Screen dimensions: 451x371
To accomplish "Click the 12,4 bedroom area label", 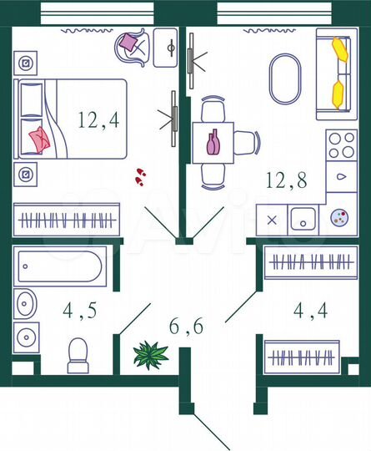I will click(98, 119).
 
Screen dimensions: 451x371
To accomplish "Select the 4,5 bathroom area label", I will click(80, 312).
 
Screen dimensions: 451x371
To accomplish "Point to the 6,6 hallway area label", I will click(186, 327).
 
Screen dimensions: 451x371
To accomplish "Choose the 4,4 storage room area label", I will click(309, 312).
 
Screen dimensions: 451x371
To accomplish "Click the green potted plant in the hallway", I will click(150, 354).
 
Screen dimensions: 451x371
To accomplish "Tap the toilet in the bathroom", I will click(78, 355).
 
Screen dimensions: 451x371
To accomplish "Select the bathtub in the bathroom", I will click(59, 267).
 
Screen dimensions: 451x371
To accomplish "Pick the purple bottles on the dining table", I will click(213, 143).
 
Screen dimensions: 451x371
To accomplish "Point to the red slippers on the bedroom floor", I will click(140, 175).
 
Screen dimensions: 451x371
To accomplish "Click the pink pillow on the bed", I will click(39, 138).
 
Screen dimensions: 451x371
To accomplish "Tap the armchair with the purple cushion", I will click(132, 46).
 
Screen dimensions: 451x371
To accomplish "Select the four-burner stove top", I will click(342, 145).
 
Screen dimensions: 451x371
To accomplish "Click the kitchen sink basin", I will click(302, 220).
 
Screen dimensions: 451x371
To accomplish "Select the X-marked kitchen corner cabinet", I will click(271, 220).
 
